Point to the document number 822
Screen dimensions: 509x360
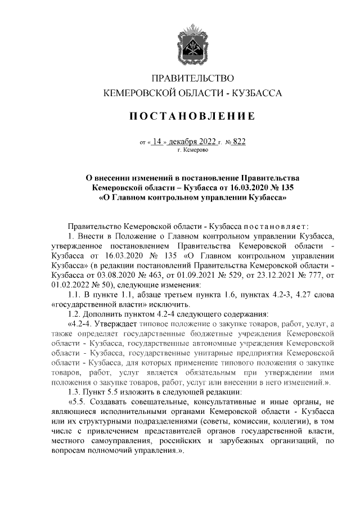coord(238,142)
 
